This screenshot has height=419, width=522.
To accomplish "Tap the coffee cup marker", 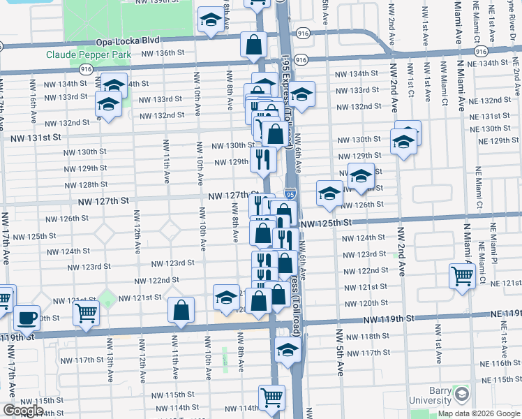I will [x=27, y=318].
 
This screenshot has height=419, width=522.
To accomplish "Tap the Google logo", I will [x=22, y=411].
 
